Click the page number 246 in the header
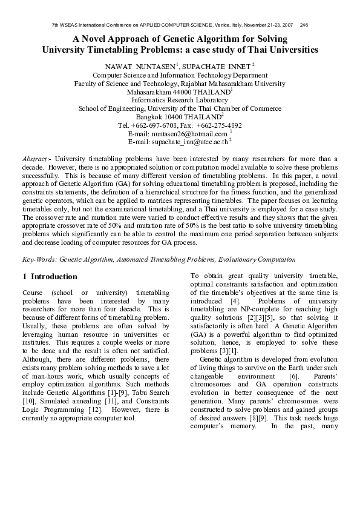pyautogui.click(x=304, y=25)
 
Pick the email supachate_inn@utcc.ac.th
pyautogui.click(x=187, y=142)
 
